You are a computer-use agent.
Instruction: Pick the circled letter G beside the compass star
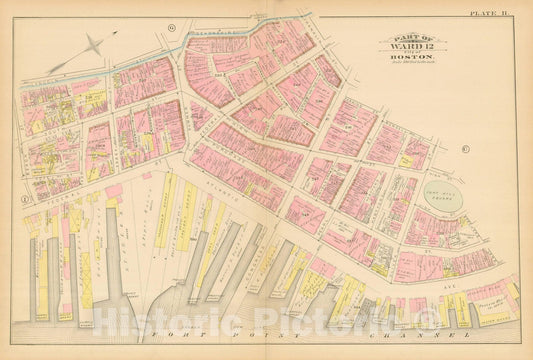coord(172,26)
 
